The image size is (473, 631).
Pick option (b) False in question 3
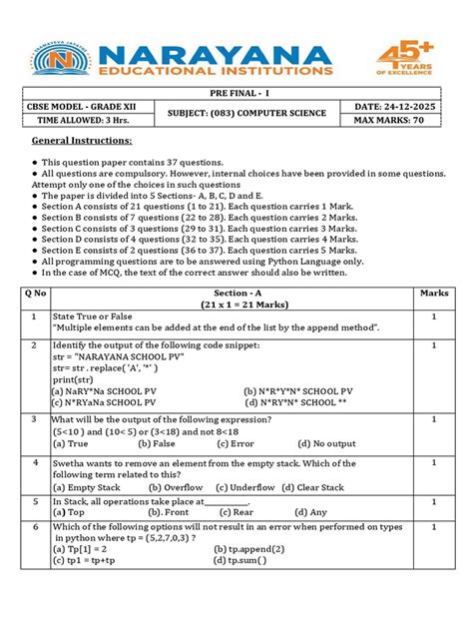158,443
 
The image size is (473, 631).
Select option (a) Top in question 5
69,511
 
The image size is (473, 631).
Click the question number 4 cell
34,464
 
